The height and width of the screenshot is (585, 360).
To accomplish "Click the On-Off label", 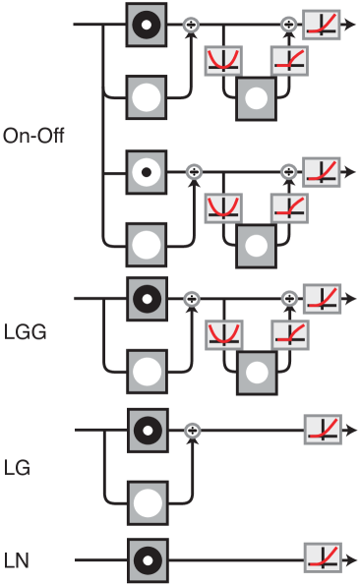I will [33, 136].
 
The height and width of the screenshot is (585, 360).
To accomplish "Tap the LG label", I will [17, 467].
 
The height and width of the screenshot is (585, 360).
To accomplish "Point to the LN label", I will [17, 561].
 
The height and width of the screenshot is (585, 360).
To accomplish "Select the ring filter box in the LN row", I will [147, 560].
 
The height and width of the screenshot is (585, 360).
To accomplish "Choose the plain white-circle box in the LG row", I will [147, 503].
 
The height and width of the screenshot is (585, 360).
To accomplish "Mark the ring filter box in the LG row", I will [147, 430].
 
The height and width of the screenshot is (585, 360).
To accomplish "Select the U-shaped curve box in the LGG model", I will [222, 336].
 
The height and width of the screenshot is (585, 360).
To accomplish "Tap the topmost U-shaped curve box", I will [222, 62].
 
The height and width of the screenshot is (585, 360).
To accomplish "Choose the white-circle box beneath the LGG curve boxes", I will [256, 371].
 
